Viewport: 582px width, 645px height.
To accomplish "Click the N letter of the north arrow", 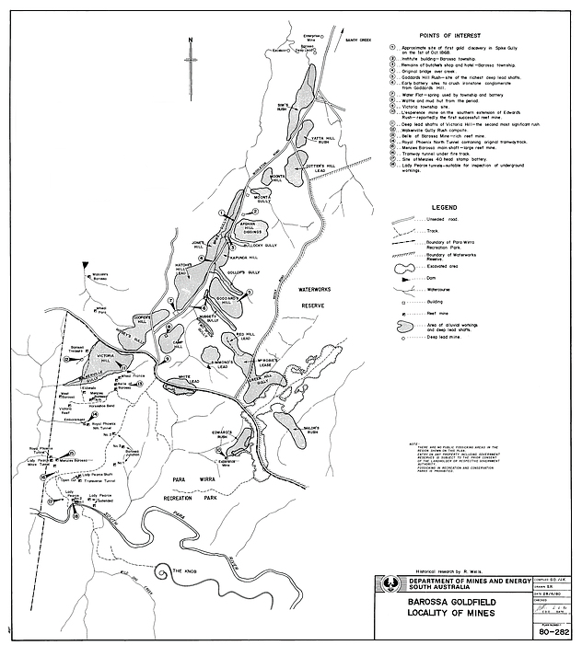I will pyautogui.click(x=189, y=40).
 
